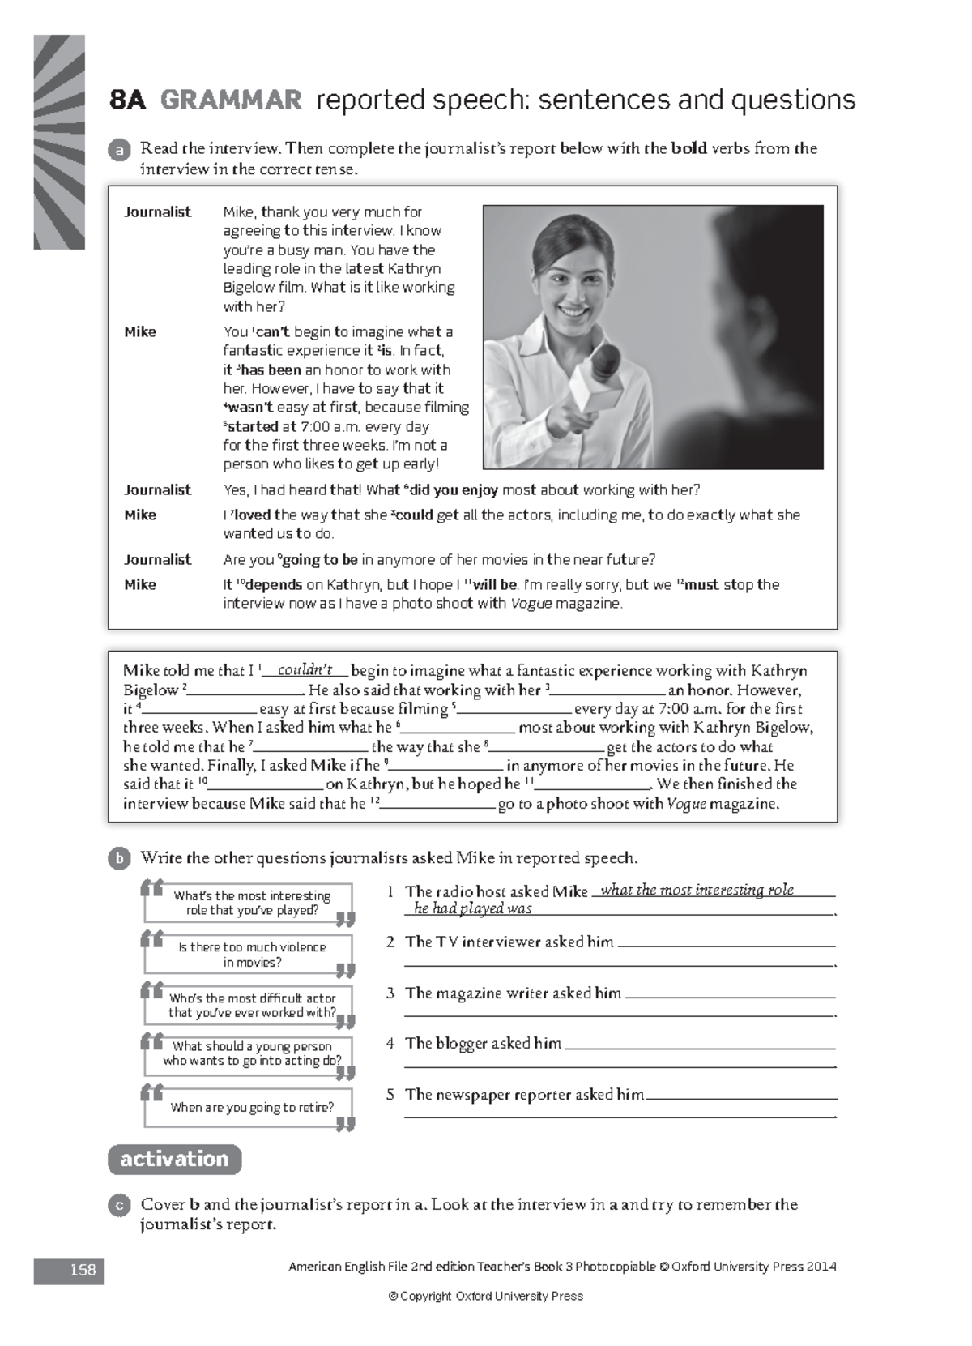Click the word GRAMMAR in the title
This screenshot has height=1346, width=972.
[231, 100]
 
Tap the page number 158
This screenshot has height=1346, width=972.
[82, 1270]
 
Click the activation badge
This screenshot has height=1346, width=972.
[174, 1159]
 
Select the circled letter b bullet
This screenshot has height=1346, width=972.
[119, 858]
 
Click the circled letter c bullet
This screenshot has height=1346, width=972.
[119, 1205]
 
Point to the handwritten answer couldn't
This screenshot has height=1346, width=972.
[305, 670]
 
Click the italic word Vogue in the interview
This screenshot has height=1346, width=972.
[531, 604]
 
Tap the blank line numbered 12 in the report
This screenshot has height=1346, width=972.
[437, 805]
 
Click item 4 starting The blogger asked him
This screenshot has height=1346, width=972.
[483, 1044]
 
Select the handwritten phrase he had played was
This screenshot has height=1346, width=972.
[472, 908]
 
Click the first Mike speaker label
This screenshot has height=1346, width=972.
[140, 331]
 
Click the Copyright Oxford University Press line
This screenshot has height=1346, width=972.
[486, 1296]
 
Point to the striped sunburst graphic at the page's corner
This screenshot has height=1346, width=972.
[59, 142]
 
